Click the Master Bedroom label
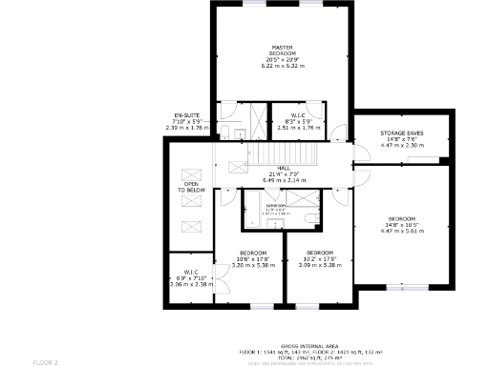[x=282, y=50]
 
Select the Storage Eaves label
[x=401, y=132]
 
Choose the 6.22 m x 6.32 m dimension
[x=282, y=67]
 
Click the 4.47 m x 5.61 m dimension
[x=400, y=231]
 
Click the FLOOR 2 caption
[x=46, y=362]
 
